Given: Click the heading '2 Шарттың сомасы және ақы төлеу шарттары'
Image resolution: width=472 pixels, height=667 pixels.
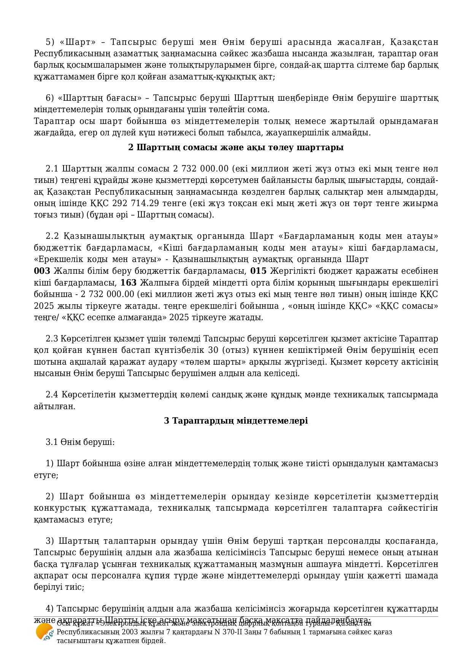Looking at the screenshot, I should [x=236, y=147].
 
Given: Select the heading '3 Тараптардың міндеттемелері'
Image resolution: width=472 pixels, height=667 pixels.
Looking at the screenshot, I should [x=236, y=421].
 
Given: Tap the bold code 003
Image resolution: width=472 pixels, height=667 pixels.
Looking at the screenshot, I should [x=42, y=271].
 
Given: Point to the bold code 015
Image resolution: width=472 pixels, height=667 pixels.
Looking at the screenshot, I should [x=258, y=271].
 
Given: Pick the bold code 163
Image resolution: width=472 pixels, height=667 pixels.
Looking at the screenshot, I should [x=129, y=283].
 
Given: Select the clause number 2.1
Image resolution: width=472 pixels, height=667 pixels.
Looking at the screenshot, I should [x=52, y=168].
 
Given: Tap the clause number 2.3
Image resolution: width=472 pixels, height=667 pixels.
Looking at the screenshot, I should [x=52, y=338].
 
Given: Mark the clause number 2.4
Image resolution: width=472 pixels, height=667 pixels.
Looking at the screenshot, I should [x=52, y=394].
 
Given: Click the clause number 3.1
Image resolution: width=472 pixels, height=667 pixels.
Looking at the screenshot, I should [x=52, y=442].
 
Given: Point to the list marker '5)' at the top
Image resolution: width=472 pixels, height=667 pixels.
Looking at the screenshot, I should [x=50, y=42].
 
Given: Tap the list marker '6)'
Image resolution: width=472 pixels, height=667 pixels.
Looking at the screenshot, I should [x=50, y=98].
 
